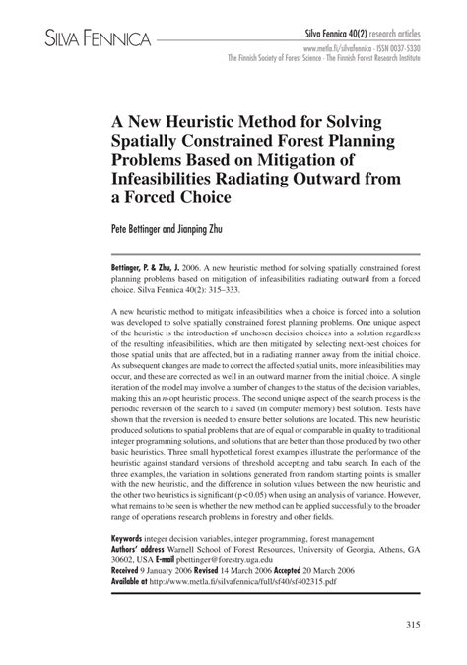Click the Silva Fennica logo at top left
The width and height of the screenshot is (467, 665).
pos(81,38)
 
